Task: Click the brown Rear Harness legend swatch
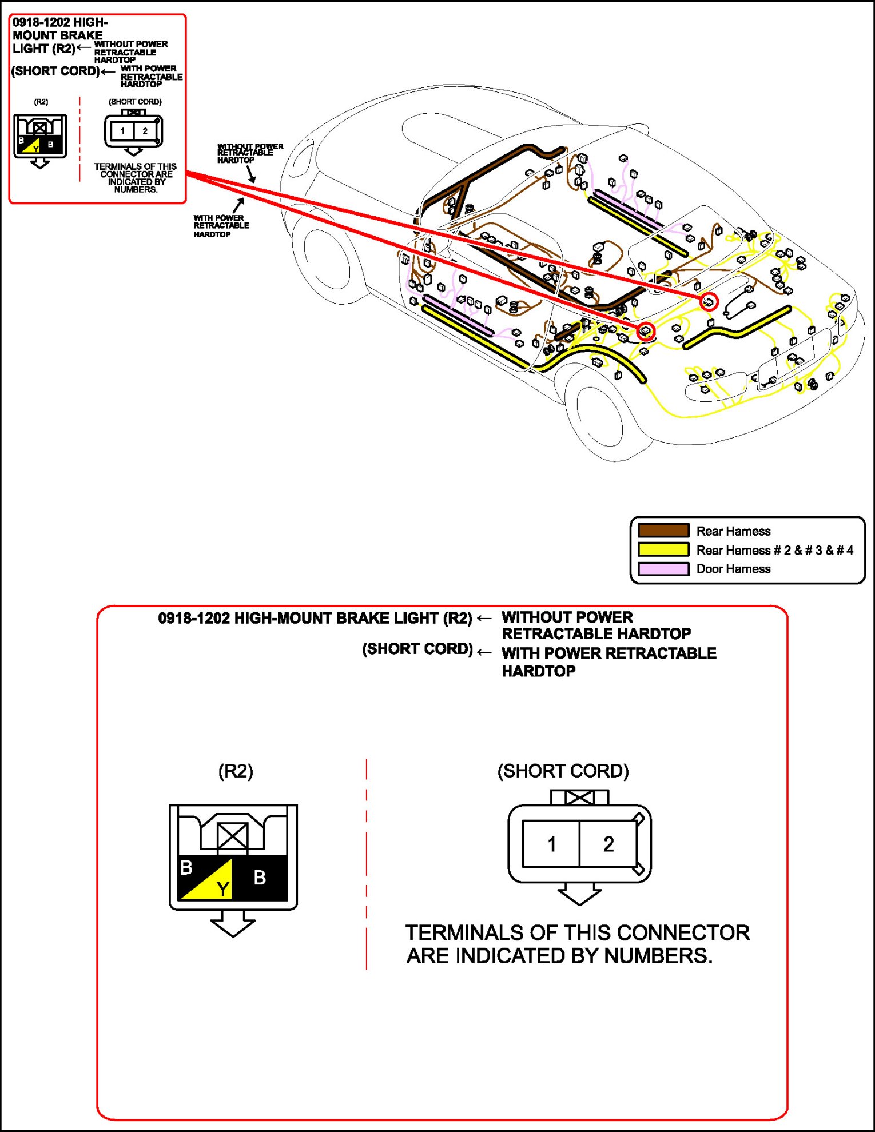point(663,531)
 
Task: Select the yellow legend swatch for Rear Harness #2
point(663,549)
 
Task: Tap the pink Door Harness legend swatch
point(663,569)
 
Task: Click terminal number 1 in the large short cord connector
point(551,844)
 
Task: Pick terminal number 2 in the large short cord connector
point(608,844)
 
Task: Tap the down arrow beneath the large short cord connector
point(579,894)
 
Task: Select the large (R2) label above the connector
point(236,771)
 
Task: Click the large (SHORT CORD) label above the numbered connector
point(563,771)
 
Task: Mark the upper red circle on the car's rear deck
point(709,301)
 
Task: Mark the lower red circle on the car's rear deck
point(646,330)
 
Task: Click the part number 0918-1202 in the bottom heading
point(194,619)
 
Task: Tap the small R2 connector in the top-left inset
point(40,137)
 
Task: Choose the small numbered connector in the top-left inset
point(133,131)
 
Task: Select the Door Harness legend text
point(733,569)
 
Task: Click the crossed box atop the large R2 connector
point(232,837)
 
